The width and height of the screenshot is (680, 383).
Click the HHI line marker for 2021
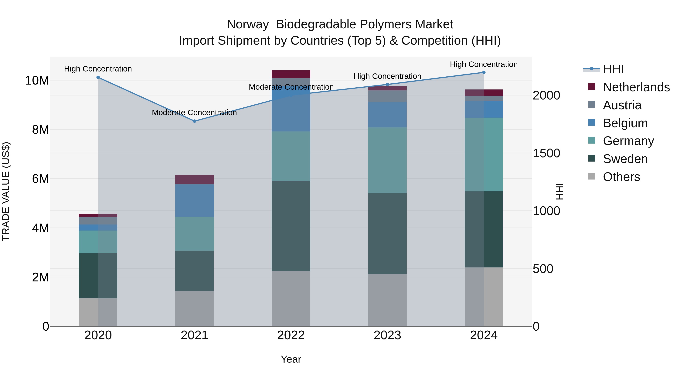[195, 121]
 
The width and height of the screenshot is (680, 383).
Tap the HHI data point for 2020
[98, 77]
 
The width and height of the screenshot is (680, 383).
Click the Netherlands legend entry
[636, 87]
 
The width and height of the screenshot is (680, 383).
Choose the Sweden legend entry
[625, 159]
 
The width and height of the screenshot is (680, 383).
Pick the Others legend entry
[621, 177]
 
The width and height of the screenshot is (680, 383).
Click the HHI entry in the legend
[613, 69]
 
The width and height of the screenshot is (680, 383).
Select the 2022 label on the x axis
[291, 335]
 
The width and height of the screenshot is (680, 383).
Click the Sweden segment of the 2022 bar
[291, 226]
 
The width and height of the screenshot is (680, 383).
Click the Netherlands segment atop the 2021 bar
[195, 179]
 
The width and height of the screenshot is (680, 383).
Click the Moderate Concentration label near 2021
[194, 113]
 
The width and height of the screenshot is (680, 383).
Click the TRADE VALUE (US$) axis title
[6, 191]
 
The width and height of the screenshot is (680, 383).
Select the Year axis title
[291, 359]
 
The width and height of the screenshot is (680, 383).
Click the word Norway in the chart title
[247, 24]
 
